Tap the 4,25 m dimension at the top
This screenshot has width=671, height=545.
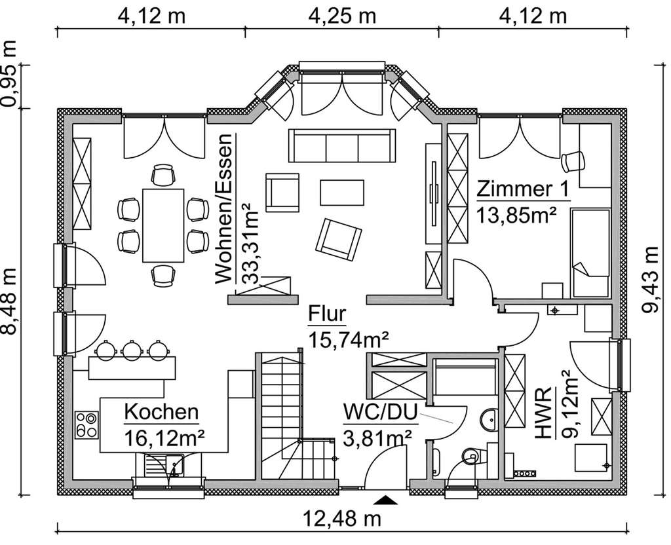[341, 16]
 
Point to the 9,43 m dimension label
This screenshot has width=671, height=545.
[651, 280]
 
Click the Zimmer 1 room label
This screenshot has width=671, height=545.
[523, 189]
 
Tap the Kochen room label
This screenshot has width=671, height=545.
[161, 412]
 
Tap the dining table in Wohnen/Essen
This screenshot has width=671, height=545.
[163, 225]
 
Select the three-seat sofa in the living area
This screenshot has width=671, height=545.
[342, 145]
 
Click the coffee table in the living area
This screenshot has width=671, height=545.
[343, 193]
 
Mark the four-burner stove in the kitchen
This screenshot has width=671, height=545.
[86, 424]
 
